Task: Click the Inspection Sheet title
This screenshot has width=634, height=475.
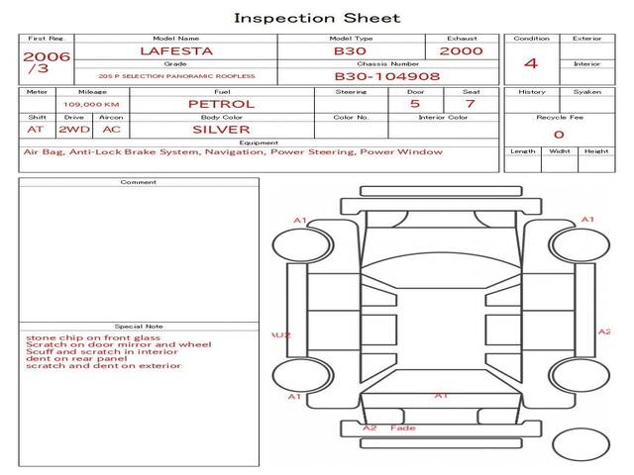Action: [x=317, y=18]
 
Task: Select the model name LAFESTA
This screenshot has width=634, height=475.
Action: [x=175, y=50]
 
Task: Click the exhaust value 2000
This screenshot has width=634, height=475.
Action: [x=462, y=50]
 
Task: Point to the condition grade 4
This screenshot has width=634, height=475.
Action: [x=531, y=63]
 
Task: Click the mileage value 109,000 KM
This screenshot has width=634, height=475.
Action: [x=92, y=104]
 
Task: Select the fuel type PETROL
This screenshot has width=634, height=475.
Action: [x=221, y=104]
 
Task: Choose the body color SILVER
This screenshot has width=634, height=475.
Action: [x=221, y=130]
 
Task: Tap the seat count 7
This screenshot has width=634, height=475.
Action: [x=470, y=104]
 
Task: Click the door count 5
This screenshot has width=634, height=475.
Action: [x=414, y=104]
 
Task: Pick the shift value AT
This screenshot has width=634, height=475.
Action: [x=36, y=130]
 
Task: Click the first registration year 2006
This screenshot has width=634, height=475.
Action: [x=47, y=56]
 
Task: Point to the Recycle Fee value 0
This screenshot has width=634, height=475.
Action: [x=559, y=134]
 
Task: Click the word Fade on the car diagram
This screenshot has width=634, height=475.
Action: [x=403, y=428]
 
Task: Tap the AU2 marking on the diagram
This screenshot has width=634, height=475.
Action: [x=281, y=335]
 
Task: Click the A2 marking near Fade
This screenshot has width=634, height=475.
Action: [x=370, y=428]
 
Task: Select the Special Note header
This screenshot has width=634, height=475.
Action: [x=139, y=326]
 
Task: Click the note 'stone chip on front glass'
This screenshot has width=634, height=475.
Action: [x=79, y=337]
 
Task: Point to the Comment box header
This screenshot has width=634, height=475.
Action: [x=139, y=182]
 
